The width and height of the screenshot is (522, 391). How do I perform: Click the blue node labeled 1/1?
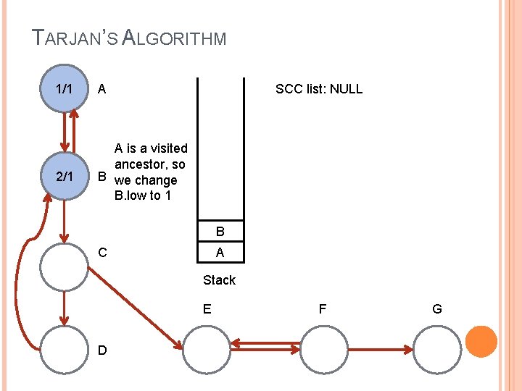65,88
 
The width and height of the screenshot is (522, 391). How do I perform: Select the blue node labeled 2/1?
65,177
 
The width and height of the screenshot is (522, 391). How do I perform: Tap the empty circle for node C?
65,266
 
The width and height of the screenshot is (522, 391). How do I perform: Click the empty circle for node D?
65,350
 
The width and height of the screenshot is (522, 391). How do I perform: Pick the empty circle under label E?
207,350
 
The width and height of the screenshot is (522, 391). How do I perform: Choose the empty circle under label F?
323,350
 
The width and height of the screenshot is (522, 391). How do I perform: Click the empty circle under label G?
437,350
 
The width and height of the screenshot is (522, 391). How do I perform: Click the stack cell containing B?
220,232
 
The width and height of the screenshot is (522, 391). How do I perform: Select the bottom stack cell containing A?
220,253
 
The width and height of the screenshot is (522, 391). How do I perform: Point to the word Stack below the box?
219,279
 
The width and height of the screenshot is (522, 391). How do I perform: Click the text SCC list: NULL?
319,89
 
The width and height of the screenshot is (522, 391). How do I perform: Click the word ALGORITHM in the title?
174,38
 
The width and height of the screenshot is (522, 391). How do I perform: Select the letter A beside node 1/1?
102,89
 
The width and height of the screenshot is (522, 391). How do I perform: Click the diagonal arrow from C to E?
134,307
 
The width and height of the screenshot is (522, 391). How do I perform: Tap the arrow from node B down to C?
65,221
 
